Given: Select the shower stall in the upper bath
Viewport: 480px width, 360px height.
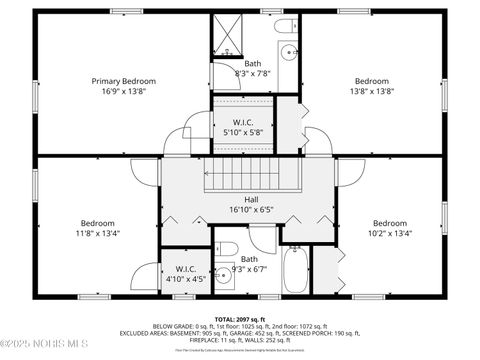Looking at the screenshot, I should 227,37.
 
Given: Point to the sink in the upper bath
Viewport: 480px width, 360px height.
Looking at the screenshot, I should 288,50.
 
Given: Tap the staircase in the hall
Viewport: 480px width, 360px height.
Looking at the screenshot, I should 252,181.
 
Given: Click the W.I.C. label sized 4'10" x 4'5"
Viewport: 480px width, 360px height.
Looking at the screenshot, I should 186,269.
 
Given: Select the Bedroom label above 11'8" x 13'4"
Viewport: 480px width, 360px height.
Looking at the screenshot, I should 97,223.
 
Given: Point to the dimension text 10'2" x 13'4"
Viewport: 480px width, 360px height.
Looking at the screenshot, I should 390,233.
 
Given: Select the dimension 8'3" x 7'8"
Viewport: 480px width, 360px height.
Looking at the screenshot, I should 252,72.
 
